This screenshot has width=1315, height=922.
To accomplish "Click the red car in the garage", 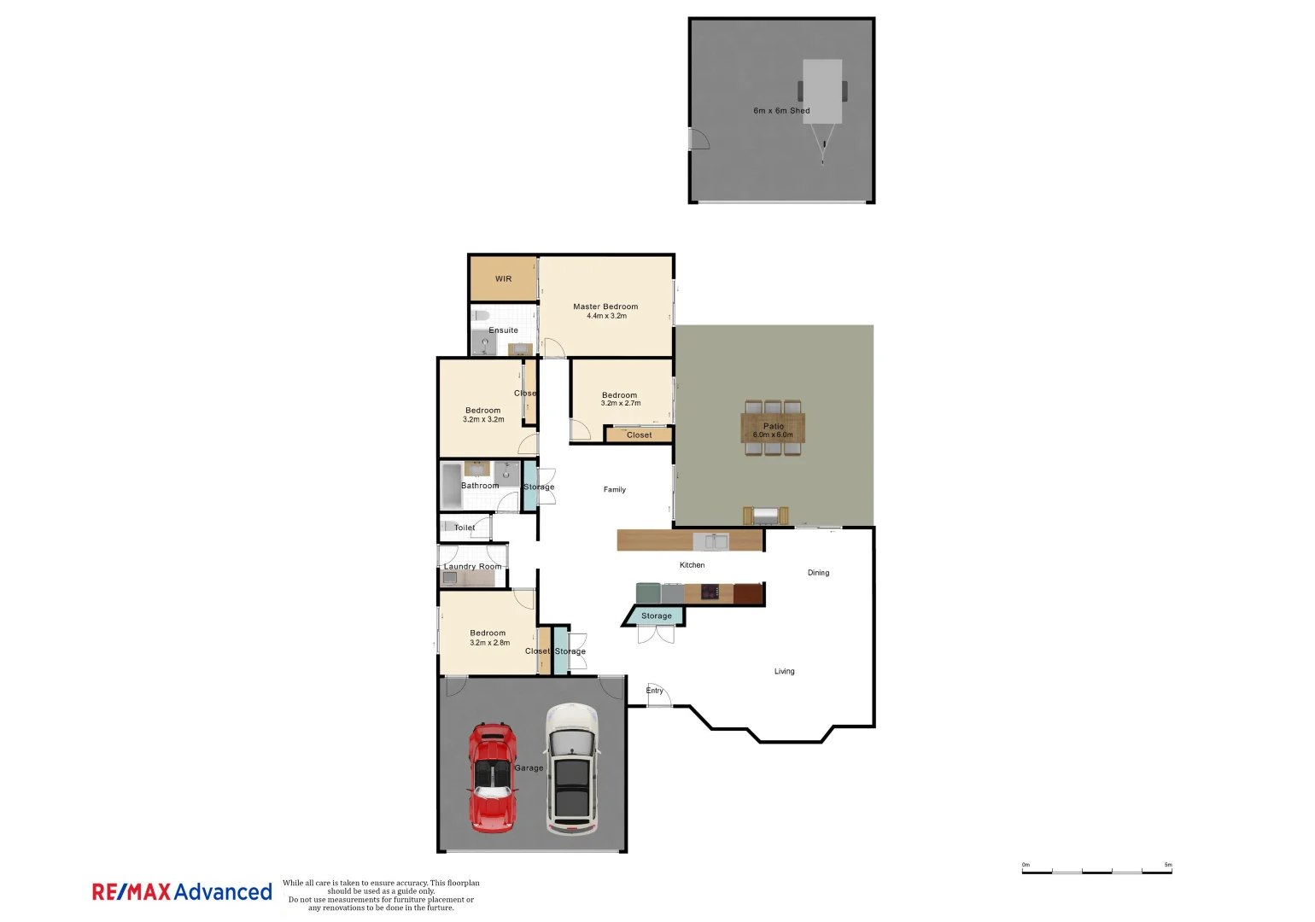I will click(493, 779).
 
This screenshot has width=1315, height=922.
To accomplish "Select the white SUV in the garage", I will click(572, 769).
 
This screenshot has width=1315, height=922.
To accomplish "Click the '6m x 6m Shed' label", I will click(781, 111).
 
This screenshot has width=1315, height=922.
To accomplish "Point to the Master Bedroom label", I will click(605, 306).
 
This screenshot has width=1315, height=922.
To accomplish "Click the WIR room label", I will click(503, 279).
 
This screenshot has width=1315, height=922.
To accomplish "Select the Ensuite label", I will click(503, 330).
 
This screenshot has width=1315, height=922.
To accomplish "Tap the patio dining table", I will click(773, 427).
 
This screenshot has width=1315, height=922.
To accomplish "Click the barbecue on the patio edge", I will click(765, 516).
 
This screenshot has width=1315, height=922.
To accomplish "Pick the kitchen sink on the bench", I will click(710, 541).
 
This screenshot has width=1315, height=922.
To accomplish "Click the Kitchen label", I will click(692, 565).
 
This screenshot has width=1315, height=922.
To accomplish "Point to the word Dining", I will click(818, 573).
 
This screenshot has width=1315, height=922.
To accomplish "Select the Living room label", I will click(784, 672).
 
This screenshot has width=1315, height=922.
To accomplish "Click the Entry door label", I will click(654, 691).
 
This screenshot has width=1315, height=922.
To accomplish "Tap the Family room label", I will click(614, 490).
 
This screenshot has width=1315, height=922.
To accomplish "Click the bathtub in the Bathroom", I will click(451, 486).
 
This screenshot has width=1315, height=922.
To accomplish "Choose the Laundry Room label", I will click(472, 567).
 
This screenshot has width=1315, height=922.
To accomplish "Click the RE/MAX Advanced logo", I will click(182, 892).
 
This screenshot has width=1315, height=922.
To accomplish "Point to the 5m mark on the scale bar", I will click(1168, 866).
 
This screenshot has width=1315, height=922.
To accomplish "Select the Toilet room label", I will click(465, 528).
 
